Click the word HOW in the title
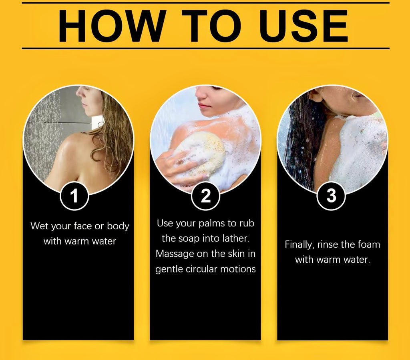(x=112, y=26)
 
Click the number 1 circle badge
(x=74, y=196)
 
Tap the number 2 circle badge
(x=205, y=196)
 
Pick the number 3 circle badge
(x=331, y=196)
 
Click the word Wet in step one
(x=39, y=226)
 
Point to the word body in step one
(x=118, y=226)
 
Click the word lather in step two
(x=236, y=238)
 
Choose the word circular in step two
(x=201, y=269)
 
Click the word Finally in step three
(x=299, y=245)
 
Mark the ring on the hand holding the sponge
(x=181, y=162)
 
